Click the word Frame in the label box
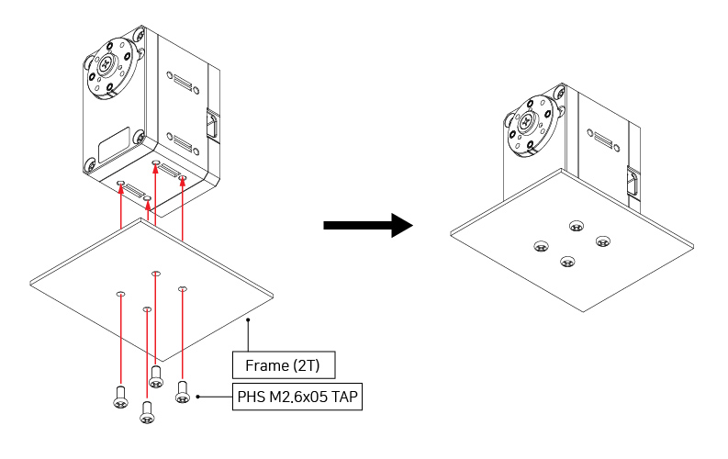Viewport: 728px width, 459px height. pyautogui.click(x=265, y=365)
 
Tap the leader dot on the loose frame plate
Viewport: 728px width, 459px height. pyautogui.click(x=247, y=320)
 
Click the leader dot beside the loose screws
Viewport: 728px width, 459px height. pyautogui.click(x=198, y=397)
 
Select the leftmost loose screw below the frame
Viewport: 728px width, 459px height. pyautogui.click(x=119, y=397)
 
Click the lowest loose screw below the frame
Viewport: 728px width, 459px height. pyautogui.click(x=146, y=415)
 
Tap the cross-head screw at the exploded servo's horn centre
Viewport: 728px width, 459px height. pyautogui.click(x=109, y=64)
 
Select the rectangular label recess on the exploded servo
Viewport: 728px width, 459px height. pyautogui.click(x=115, y=144)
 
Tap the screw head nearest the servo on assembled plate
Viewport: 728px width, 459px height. pyautogui.click(x=577, y=226)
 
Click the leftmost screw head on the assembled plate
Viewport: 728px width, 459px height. pyautogui.click(x=541, y=246)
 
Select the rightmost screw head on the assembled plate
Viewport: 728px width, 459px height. pyautogui.click(x=603, y=241)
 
